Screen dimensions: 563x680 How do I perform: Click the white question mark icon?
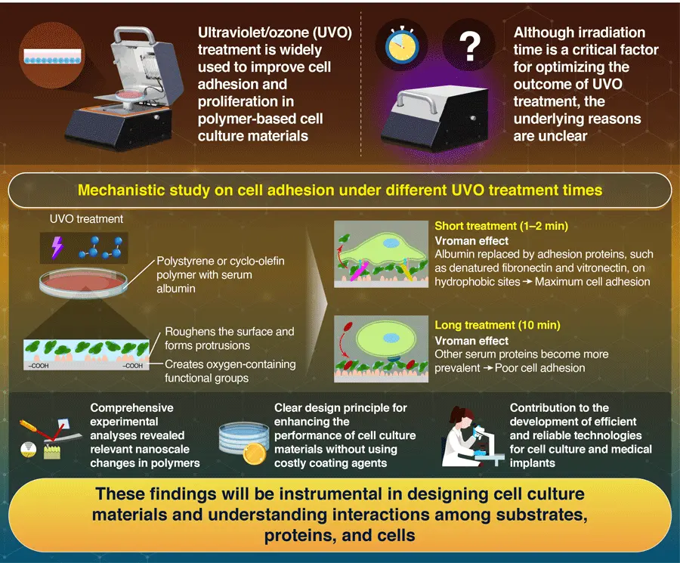(471, 48)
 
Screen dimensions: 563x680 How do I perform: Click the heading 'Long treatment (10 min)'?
(497, 326)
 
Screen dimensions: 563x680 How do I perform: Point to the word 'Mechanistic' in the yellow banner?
(125, 189)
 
